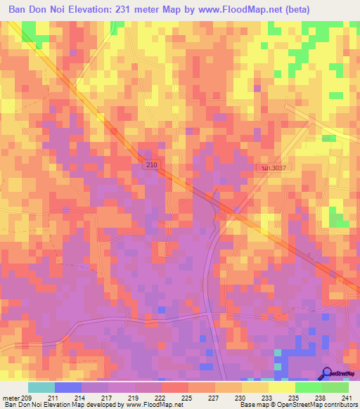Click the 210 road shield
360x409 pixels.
(x=154, y=164)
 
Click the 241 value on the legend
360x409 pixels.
(x=348, y=398)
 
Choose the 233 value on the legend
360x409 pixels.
(x=266, y=398)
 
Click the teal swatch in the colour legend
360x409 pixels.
(x=41, y=387)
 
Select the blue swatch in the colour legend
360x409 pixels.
(x=68, y=387)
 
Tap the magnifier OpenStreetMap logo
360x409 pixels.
(x=328, y=374)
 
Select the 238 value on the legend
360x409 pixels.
(x=321, y=398)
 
